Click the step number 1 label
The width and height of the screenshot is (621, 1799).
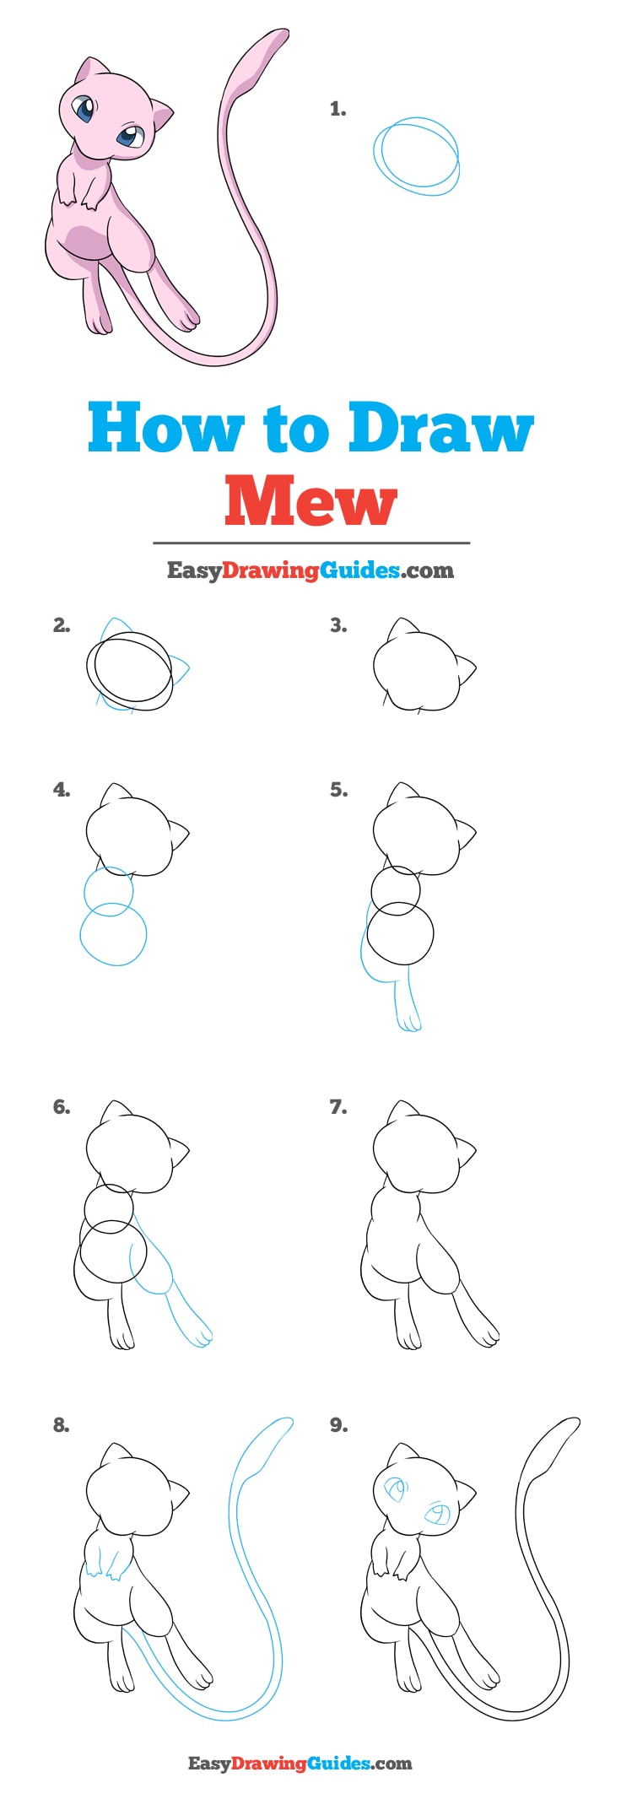337,109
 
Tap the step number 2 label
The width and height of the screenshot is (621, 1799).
61,625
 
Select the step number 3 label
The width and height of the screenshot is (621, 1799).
337,625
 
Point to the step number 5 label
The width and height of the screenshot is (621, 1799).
337,790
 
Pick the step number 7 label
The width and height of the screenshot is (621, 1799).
337,1106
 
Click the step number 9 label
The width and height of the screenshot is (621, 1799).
337,1424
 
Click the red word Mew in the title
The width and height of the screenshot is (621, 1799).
310,501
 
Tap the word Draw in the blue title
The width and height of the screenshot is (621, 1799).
440,428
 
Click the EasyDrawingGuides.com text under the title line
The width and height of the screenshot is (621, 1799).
310,570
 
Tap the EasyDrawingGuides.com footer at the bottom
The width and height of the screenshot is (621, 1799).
300,1763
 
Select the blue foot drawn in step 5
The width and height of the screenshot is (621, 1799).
409,1019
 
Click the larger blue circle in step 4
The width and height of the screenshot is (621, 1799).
113,934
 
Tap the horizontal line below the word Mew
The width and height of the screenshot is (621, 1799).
310,543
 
